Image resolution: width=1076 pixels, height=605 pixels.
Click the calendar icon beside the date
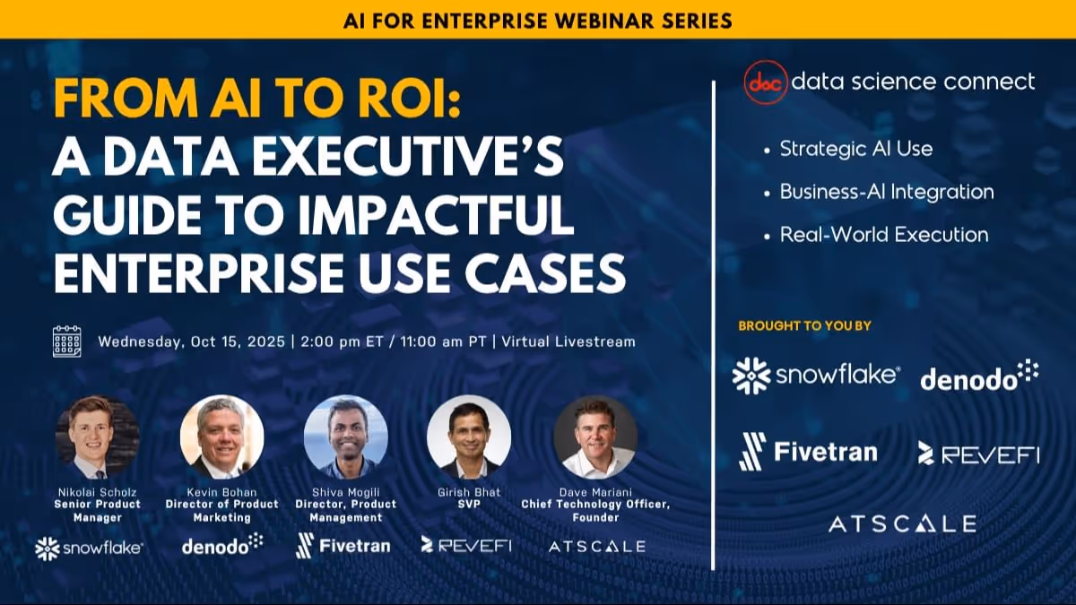pos(67,341)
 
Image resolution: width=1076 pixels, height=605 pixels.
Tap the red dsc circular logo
pos(765,82)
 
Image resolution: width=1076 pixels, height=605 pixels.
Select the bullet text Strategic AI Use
pos(855,149)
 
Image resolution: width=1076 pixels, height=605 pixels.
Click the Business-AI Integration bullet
pos(886,192)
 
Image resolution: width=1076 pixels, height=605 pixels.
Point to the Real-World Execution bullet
pos(883,235)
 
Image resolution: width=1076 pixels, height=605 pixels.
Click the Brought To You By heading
pos(804,326)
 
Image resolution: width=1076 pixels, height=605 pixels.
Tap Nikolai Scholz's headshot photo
pos(98,437)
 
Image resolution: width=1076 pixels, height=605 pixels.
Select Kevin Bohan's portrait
pos(221,437)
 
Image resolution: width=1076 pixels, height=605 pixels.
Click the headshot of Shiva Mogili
pos(345,437)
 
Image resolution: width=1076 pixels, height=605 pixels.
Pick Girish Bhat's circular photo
pos(469,437)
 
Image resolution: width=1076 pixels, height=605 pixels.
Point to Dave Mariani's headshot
pos(595,437)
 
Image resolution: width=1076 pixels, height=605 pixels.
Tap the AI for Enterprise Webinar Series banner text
pos(537,19)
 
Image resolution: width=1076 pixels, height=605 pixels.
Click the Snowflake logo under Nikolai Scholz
pos(88,548)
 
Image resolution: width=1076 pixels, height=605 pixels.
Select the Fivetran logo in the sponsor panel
pos(807,451)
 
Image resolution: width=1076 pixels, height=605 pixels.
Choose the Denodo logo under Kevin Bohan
pos(221,544)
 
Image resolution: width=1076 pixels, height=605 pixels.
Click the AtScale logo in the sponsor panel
pos(902,524)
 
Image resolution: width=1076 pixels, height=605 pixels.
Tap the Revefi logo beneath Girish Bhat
pos(466,545)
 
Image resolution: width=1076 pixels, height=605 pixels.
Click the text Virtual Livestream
pos(568,341)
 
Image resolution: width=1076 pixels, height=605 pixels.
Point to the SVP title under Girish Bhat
pos(469,505)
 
